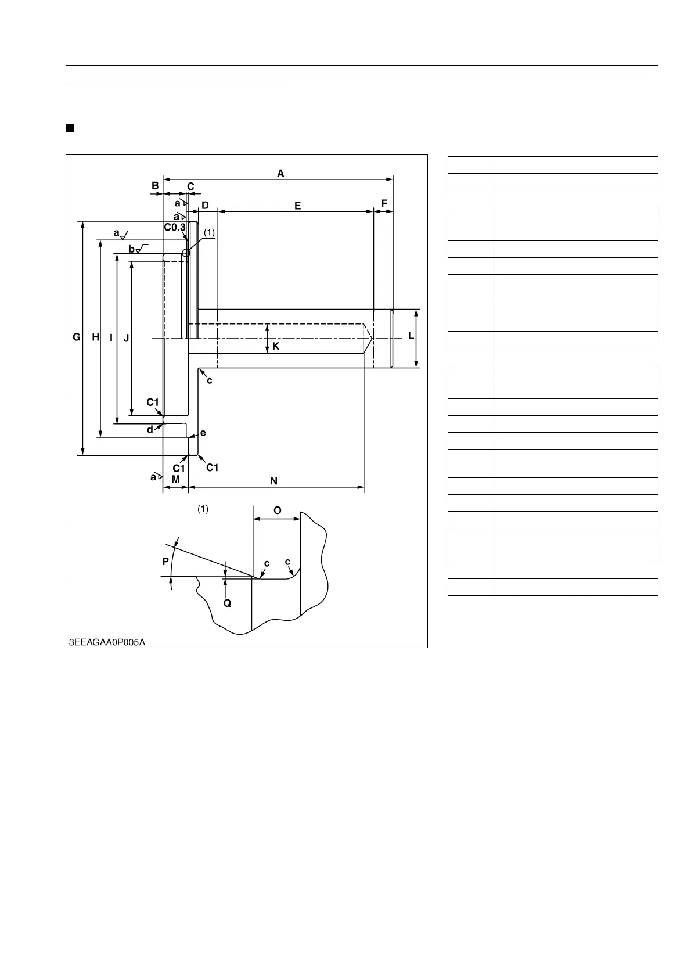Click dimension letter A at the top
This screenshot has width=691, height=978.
[x=280, y=173]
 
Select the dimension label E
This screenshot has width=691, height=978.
[x=298, y=206]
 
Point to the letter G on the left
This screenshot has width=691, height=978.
[x=76, y=337]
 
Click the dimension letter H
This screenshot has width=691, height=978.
[x=95, y=337]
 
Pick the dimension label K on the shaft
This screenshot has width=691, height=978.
[x=276, y=346]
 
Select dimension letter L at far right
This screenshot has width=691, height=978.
[x=411, y=336]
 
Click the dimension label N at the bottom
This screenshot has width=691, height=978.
[x=274, y=481]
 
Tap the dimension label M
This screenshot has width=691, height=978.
[x=175, y=479]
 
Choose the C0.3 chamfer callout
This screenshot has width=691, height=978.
[x=175, y=227]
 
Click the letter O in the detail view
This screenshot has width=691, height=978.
[x=278, y=510]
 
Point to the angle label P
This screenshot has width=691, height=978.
[x=165, y=562]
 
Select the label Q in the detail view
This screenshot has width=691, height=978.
[x=228, y=603]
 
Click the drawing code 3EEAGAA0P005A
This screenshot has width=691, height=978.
[x=107, y=642]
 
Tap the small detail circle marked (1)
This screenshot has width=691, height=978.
[x=186, y=253]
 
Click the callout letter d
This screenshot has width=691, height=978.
[x=150, y=430]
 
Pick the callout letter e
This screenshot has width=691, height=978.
[x=203, y=433]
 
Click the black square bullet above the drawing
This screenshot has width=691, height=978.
[x=70, y=128]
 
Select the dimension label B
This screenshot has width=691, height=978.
[x=155, y=186]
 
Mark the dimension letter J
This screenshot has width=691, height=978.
[x=126, y=337]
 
